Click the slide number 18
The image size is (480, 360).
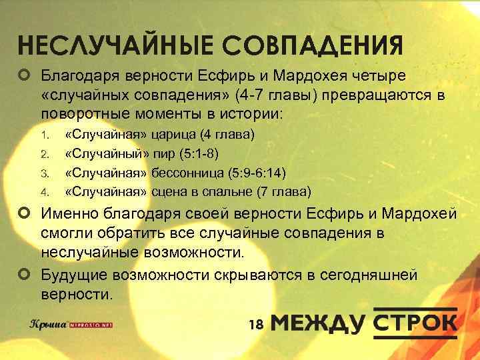tap(256, 324)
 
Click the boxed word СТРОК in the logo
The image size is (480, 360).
tap(415, 323)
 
